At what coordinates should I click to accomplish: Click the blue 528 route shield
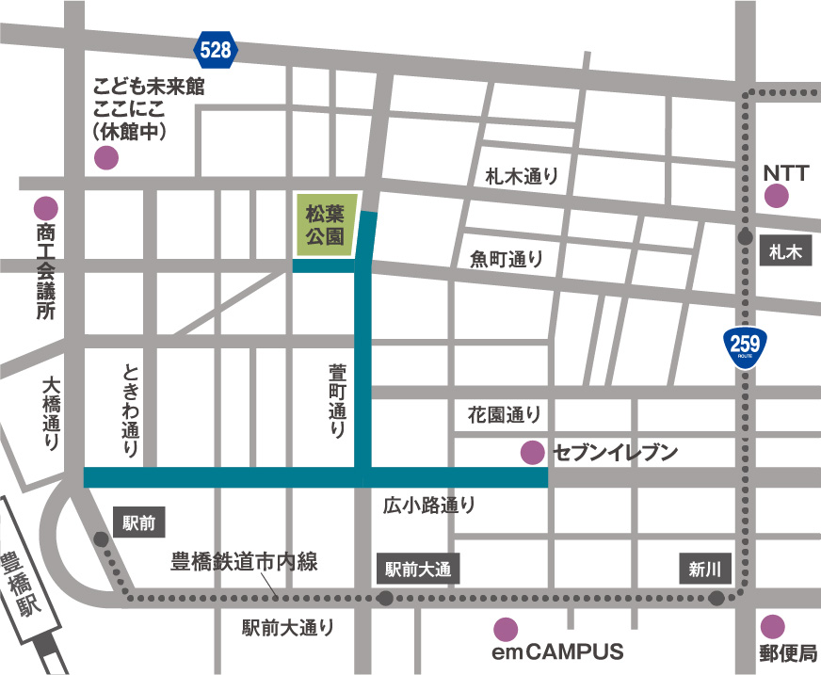[x=216, y=50]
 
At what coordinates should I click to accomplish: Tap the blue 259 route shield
[x=750, y=347]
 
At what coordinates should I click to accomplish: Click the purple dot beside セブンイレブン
[x=532, y=453]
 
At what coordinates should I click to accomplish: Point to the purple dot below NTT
[x=776, y=196]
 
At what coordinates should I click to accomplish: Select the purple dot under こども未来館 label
[x=107, y=158]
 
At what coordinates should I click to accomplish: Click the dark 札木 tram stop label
[x=783, y=251]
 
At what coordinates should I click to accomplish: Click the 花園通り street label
[x=505, y=413]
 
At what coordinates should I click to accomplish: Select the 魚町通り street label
[x=507, y=260]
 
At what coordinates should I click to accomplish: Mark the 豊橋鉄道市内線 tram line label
[x=244, y=563]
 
